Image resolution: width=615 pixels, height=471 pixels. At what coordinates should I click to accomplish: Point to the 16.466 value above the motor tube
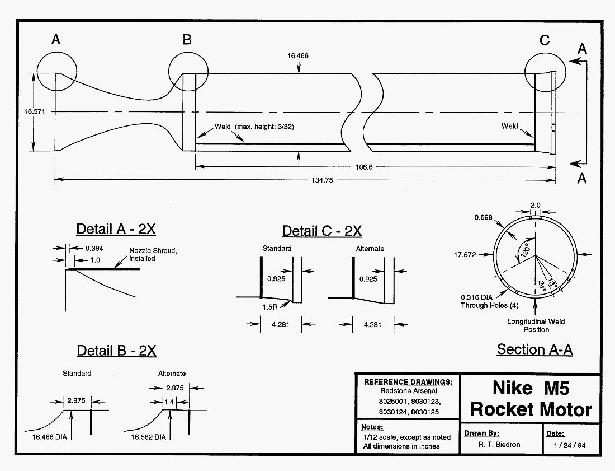[298, 56]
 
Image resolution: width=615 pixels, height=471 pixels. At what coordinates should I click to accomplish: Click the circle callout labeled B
[188, 73]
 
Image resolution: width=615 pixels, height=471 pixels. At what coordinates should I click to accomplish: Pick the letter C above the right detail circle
[545, 40]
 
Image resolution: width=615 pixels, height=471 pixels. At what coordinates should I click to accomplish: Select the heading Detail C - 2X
[321, 231]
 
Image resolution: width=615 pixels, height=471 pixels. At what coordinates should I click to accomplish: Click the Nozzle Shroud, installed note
[153, 254]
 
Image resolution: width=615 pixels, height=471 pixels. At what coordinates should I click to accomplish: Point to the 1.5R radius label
[271, 307]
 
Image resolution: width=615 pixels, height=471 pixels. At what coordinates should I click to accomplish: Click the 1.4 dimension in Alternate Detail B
[169, 402]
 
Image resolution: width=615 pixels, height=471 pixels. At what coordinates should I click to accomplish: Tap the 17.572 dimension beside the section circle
[466, 254]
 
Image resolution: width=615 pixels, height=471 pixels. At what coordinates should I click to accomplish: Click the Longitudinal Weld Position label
[536, 325]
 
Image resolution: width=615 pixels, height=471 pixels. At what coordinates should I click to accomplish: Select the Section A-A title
[534, 349]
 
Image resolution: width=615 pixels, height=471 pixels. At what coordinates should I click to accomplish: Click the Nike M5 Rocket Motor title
[531, 398]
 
